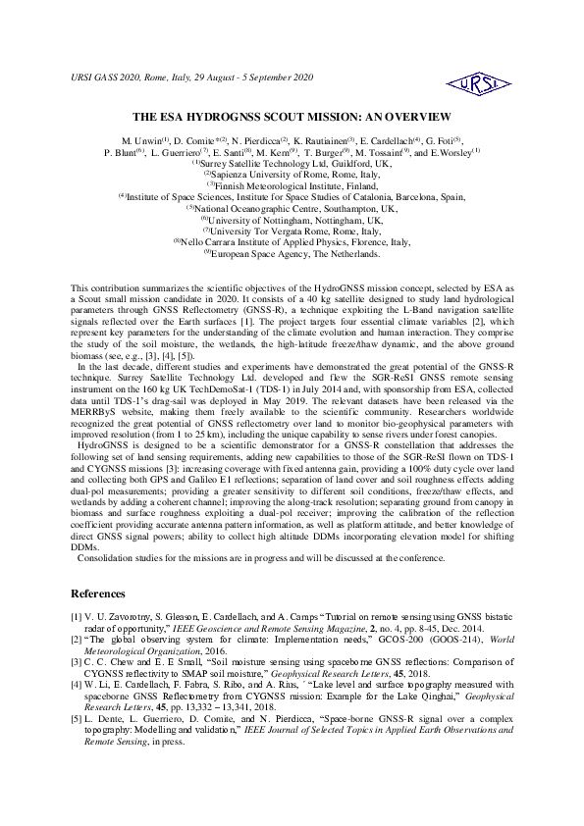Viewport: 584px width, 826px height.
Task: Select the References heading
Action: [98, 594]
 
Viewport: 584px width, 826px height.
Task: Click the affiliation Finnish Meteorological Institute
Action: [291, 184]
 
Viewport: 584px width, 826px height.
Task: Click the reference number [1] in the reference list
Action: [78, 615]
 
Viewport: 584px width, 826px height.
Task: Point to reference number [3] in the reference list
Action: [78, 662]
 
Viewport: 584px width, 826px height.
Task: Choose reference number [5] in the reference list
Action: [78, 721]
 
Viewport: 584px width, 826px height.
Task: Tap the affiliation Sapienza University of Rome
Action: [292, 174]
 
